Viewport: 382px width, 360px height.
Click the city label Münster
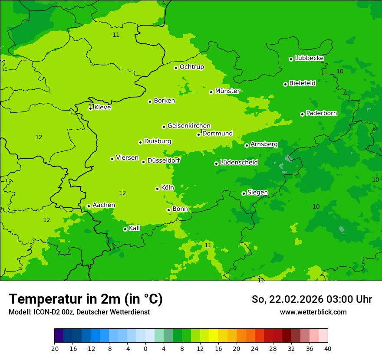pyautogui.click(x=227, y=91)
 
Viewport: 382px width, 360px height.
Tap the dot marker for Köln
pyautogui.click(x=157, y=189)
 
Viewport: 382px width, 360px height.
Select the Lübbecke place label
pyautogui.click(x=309, y=58)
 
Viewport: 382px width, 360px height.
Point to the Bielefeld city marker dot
pyautogui.click(x=285, y=84)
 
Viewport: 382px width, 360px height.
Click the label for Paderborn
pyautogui.click(x=321, y=113)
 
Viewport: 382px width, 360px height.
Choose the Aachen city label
pyautogui.click(x=104, y=205)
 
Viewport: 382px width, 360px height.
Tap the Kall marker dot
pyautogui.click(x=125, y=229)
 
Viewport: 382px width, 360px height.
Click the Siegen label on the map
pyautogui.click(x=257, y=193)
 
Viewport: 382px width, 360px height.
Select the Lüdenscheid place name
pyautogui.click(x=239, y=163)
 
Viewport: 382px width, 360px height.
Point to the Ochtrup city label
pyautogui.click(x=191, y=67)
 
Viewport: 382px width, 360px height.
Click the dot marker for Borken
pyautogui.click(x=150, y=101)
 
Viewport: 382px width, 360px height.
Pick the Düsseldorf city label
pyautogui.click(x=164, y=160)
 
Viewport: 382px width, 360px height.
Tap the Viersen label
pyautogui.click(x=127, y=158)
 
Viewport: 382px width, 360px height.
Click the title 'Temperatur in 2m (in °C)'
pyautogui.click(x=86, y=299)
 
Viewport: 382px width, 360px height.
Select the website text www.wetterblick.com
pyautogui.click(x=313, y=312)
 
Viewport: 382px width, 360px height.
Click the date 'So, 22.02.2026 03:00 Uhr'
pyautogui.click(x=312, y=299)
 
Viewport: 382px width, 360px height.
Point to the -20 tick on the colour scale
pyautogui.click(x=54, y=349)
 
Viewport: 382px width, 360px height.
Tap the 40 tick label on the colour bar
pyautogui.click(x=328, y=349)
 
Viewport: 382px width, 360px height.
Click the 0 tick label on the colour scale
pyautogui.click(x=145, y=349)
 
